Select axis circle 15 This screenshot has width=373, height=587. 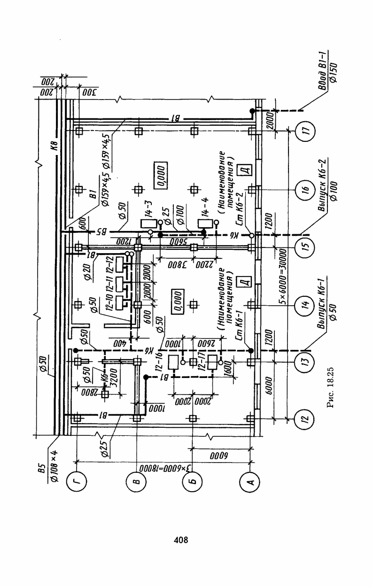[x=306, y=247]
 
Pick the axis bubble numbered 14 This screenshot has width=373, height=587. [x=306, y=305]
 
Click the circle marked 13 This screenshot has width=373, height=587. [x=306, y=362]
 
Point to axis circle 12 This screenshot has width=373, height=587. [x=306, y=418]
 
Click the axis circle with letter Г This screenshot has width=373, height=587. [x=77, y=481]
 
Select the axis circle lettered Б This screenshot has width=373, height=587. [x=193, y=481]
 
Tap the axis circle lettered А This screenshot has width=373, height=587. [x=250, y=481]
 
